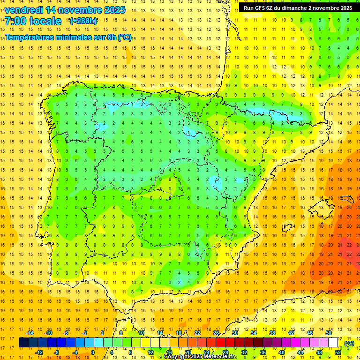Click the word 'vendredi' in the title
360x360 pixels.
point(23,10)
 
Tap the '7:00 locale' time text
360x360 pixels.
point(33,21)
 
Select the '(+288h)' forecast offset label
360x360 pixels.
point(83,21)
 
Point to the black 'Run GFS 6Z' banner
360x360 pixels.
point(298,7)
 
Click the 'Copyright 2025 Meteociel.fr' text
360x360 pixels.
point(200,357)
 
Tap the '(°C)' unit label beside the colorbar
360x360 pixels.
point(349,343)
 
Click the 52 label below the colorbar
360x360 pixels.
point(338,352)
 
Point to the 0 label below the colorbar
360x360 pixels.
point(93,352)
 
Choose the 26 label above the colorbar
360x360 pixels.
point(216,333)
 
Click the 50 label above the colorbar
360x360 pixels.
point(329,333)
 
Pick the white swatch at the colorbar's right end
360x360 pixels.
point(333,343)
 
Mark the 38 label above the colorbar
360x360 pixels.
point(272,333)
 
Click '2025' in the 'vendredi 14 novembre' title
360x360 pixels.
point(114,10)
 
